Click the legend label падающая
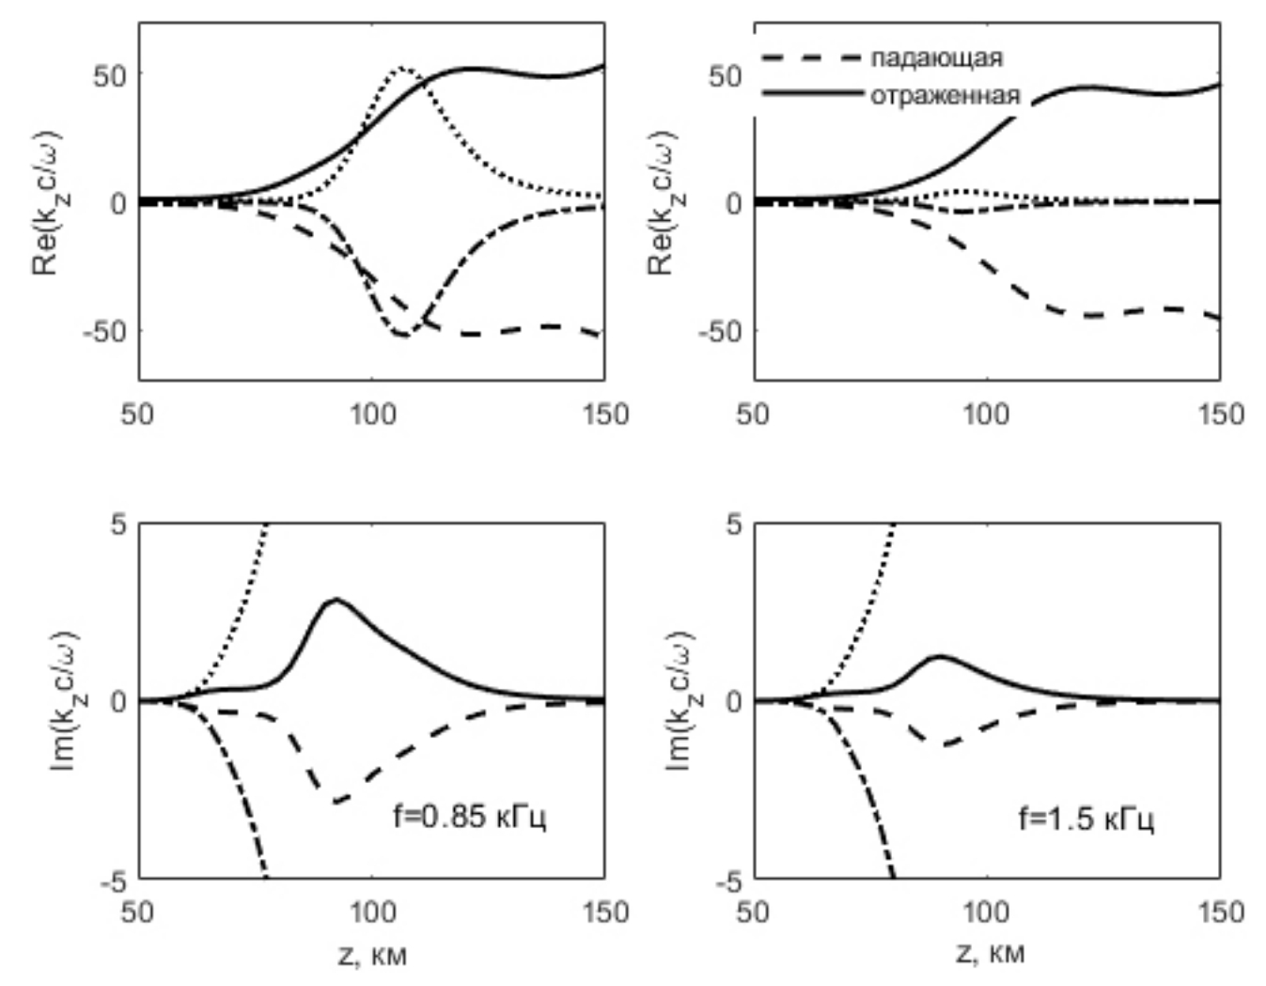[935, 58]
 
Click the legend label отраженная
[944, 95]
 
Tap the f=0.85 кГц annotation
[469, 816]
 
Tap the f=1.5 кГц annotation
[1086, 818]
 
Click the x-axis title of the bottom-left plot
[371, 955]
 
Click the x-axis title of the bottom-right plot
[988, 953]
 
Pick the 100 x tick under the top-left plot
[372, 414]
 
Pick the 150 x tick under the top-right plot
[1221, 414]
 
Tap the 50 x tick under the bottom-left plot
[138, 911]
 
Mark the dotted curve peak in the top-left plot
[402, 68]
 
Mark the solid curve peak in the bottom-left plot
[336, 600]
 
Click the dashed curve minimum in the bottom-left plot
[336, 802]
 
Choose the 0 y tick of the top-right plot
[734, 203]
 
